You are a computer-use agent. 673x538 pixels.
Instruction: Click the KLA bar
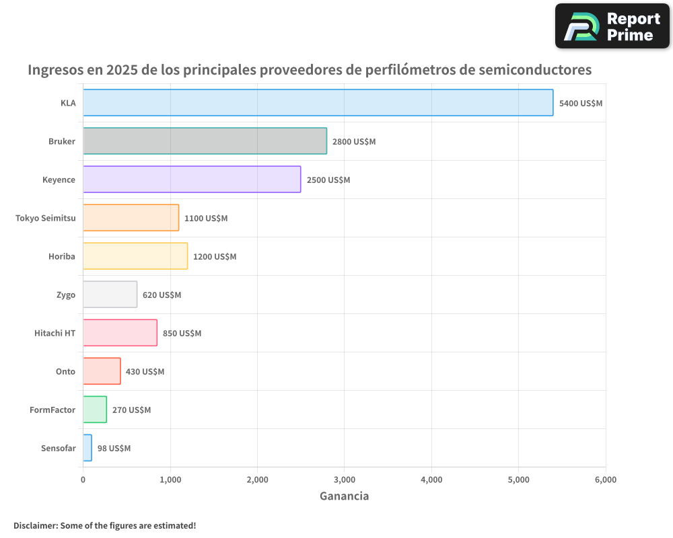click(x=318, y=103)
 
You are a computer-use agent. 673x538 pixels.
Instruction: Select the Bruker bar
click(x=205, y=141)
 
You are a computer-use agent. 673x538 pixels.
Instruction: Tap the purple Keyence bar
click(x=192, y=180)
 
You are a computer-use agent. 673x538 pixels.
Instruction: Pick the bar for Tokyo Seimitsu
click(x=131, y=218)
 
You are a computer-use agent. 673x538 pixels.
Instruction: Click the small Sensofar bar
click(x=87, y=448)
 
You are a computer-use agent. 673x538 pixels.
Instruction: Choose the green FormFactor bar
click(x=95, y=410)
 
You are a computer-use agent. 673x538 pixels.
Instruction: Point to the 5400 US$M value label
click(x=581, y=104)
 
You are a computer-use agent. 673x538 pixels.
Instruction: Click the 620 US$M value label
click(x=162, y=295)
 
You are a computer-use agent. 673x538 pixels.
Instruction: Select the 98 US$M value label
click(x=114, y=449)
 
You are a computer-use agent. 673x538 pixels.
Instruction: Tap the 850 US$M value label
click(x=182, y=334)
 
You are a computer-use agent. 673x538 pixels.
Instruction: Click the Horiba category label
click(x=62, y=256)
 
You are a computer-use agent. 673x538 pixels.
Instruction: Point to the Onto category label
click(x=65, y=371)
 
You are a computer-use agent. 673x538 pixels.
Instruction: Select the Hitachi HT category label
click(x=55, y=333)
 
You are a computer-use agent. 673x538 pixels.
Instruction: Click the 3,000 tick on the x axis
click(x=344, y=479)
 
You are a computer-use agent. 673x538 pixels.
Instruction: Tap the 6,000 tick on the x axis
click(x=605, y=479)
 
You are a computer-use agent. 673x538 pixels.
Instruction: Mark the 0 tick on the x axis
click(x=83, y=479)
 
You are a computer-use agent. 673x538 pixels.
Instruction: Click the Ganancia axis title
click(x=344, y=496)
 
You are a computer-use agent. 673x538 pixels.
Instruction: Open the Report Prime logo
click(x=612, y=26)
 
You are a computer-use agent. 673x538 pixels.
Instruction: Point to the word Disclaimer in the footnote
click(x=34, y=525)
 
